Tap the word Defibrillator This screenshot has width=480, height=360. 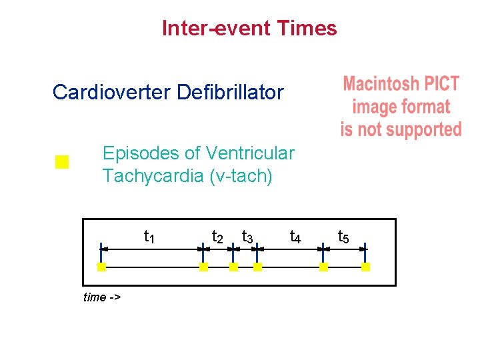tap(231, 92)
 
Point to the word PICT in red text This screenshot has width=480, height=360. tap(441, 84)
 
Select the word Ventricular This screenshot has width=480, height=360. tap(251, 153)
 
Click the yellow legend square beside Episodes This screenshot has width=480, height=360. tap(62, 162)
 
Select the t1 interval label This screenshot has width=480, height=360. tap(150, 237)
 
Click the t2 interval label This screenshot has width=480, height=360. tap(217, 237)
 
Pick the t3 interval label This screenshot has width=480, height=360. tap(247, 237)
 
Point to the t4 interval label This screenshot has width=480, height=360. tap(295, 237)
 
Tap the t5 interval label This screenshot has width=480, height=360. tap(343, 237)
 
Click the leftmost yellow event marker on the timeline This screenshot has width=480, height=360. tap(101, 267)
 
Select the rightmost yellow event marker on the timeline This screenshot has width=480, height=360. tap(365, 267)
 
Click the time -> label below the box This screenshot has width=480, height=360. tap(101, 297)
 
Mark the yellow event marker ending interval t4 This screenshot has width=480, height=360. tap(323, 267)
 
